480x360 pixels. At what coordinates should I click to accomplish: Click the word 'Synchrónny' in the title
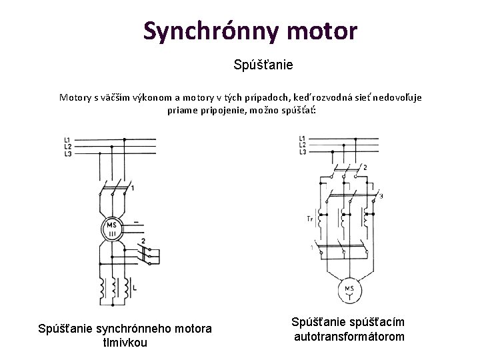[201, 31]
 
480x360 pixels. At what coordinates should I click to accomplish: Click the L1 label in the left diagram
[68, 139]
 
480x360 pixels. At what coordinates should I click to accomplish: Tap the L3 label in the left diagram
[68, 153]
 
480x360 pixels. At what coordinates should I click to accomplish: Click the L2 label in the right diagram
[302, 145]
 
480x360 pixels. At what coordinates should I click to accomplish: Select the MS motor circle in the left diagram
[112, 229]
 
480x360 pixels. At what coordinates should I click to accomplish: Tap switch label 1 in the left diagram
[133, 189]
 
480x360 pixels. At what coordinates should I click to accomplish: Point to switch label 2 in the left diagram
[143, 241]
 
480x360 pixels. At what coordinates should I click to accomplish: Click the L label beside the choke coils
[136, 287]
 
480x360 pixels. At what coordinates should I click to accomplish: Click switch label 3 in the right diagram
[381, 196]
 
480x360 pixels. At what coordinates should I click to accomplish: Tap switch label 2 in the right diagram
[365, 167]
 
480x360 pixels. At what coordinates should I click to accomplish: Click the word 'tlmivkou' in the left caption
[125, 343]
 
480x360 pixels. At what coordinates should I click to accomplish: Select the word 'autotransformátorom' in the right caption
[349, 337]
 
